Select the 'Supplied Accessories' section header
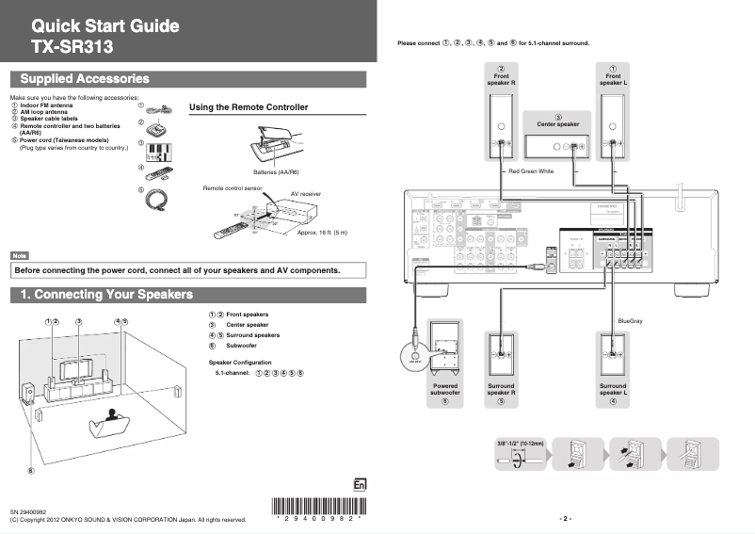tap(85, 79)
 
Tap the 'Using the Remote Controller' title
tap(249, 107)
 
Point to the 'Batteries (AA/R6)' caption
tap(276, 172)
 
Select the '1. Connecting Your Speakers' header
tap(106, 295)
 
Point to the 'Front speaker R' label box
tap(502, 75)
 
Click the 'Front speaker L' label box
tap(613, 75)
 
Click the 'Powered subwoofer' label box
tap(445, 390)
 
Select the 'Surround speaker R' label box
tap(501, 390)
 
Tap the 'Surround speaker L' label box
tap(613, 390)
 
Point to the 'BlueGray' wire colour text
tap(630, 322)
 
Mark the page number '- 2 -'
tap(565, 518)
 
